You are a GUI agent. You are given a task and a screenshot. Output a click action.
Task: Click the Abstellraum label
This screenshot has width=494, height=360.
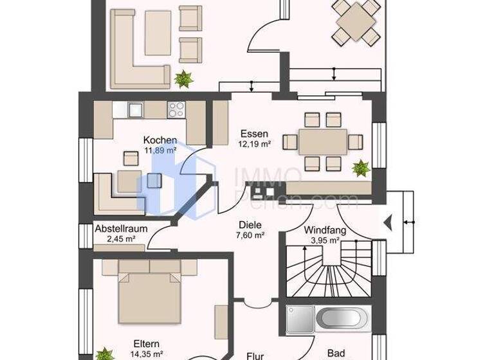tap(122, 228)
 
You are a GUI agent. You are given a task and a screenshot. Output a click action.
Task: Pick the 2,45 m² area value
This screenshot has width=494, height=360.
tap(121, 239)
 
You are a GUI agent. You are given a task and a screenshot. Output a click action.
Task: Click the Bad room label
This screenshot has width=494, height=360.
tap(336, 353)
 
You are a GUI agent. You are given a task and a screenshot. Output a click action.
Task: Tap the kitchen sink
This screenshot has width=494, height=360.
tap(135, 110)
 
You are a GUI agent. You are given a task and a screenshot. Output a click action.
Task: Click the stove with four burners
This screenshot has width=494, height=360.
tap(176, 110)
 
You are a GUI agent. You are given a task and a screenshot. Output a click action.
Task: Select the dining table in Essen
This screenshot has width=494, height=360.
tap(322, 141)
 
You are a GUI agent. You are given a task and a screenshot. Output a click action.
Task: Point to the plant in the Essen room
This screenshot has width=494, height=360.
tap(360, 169)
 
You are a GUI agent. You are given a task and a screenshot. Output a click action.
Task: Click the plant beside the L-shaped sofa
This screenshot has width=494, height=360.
tap(184, 79)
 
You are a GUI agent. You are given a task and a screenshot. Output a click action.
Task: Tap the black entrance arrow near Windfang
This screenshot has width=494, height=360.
tap(387, 222)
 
